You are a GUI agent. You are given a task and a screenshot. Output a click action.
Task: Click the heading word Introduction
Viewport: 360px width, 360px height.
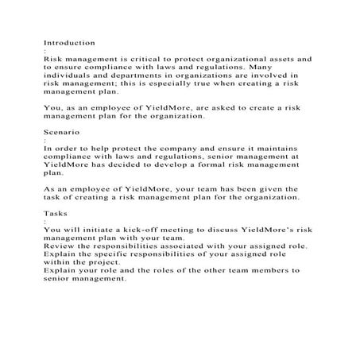click(x=69, y=41)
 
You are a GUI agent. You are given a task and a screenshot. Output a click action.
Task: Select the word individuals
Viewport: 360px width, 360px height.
click(x=69, y=77)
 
